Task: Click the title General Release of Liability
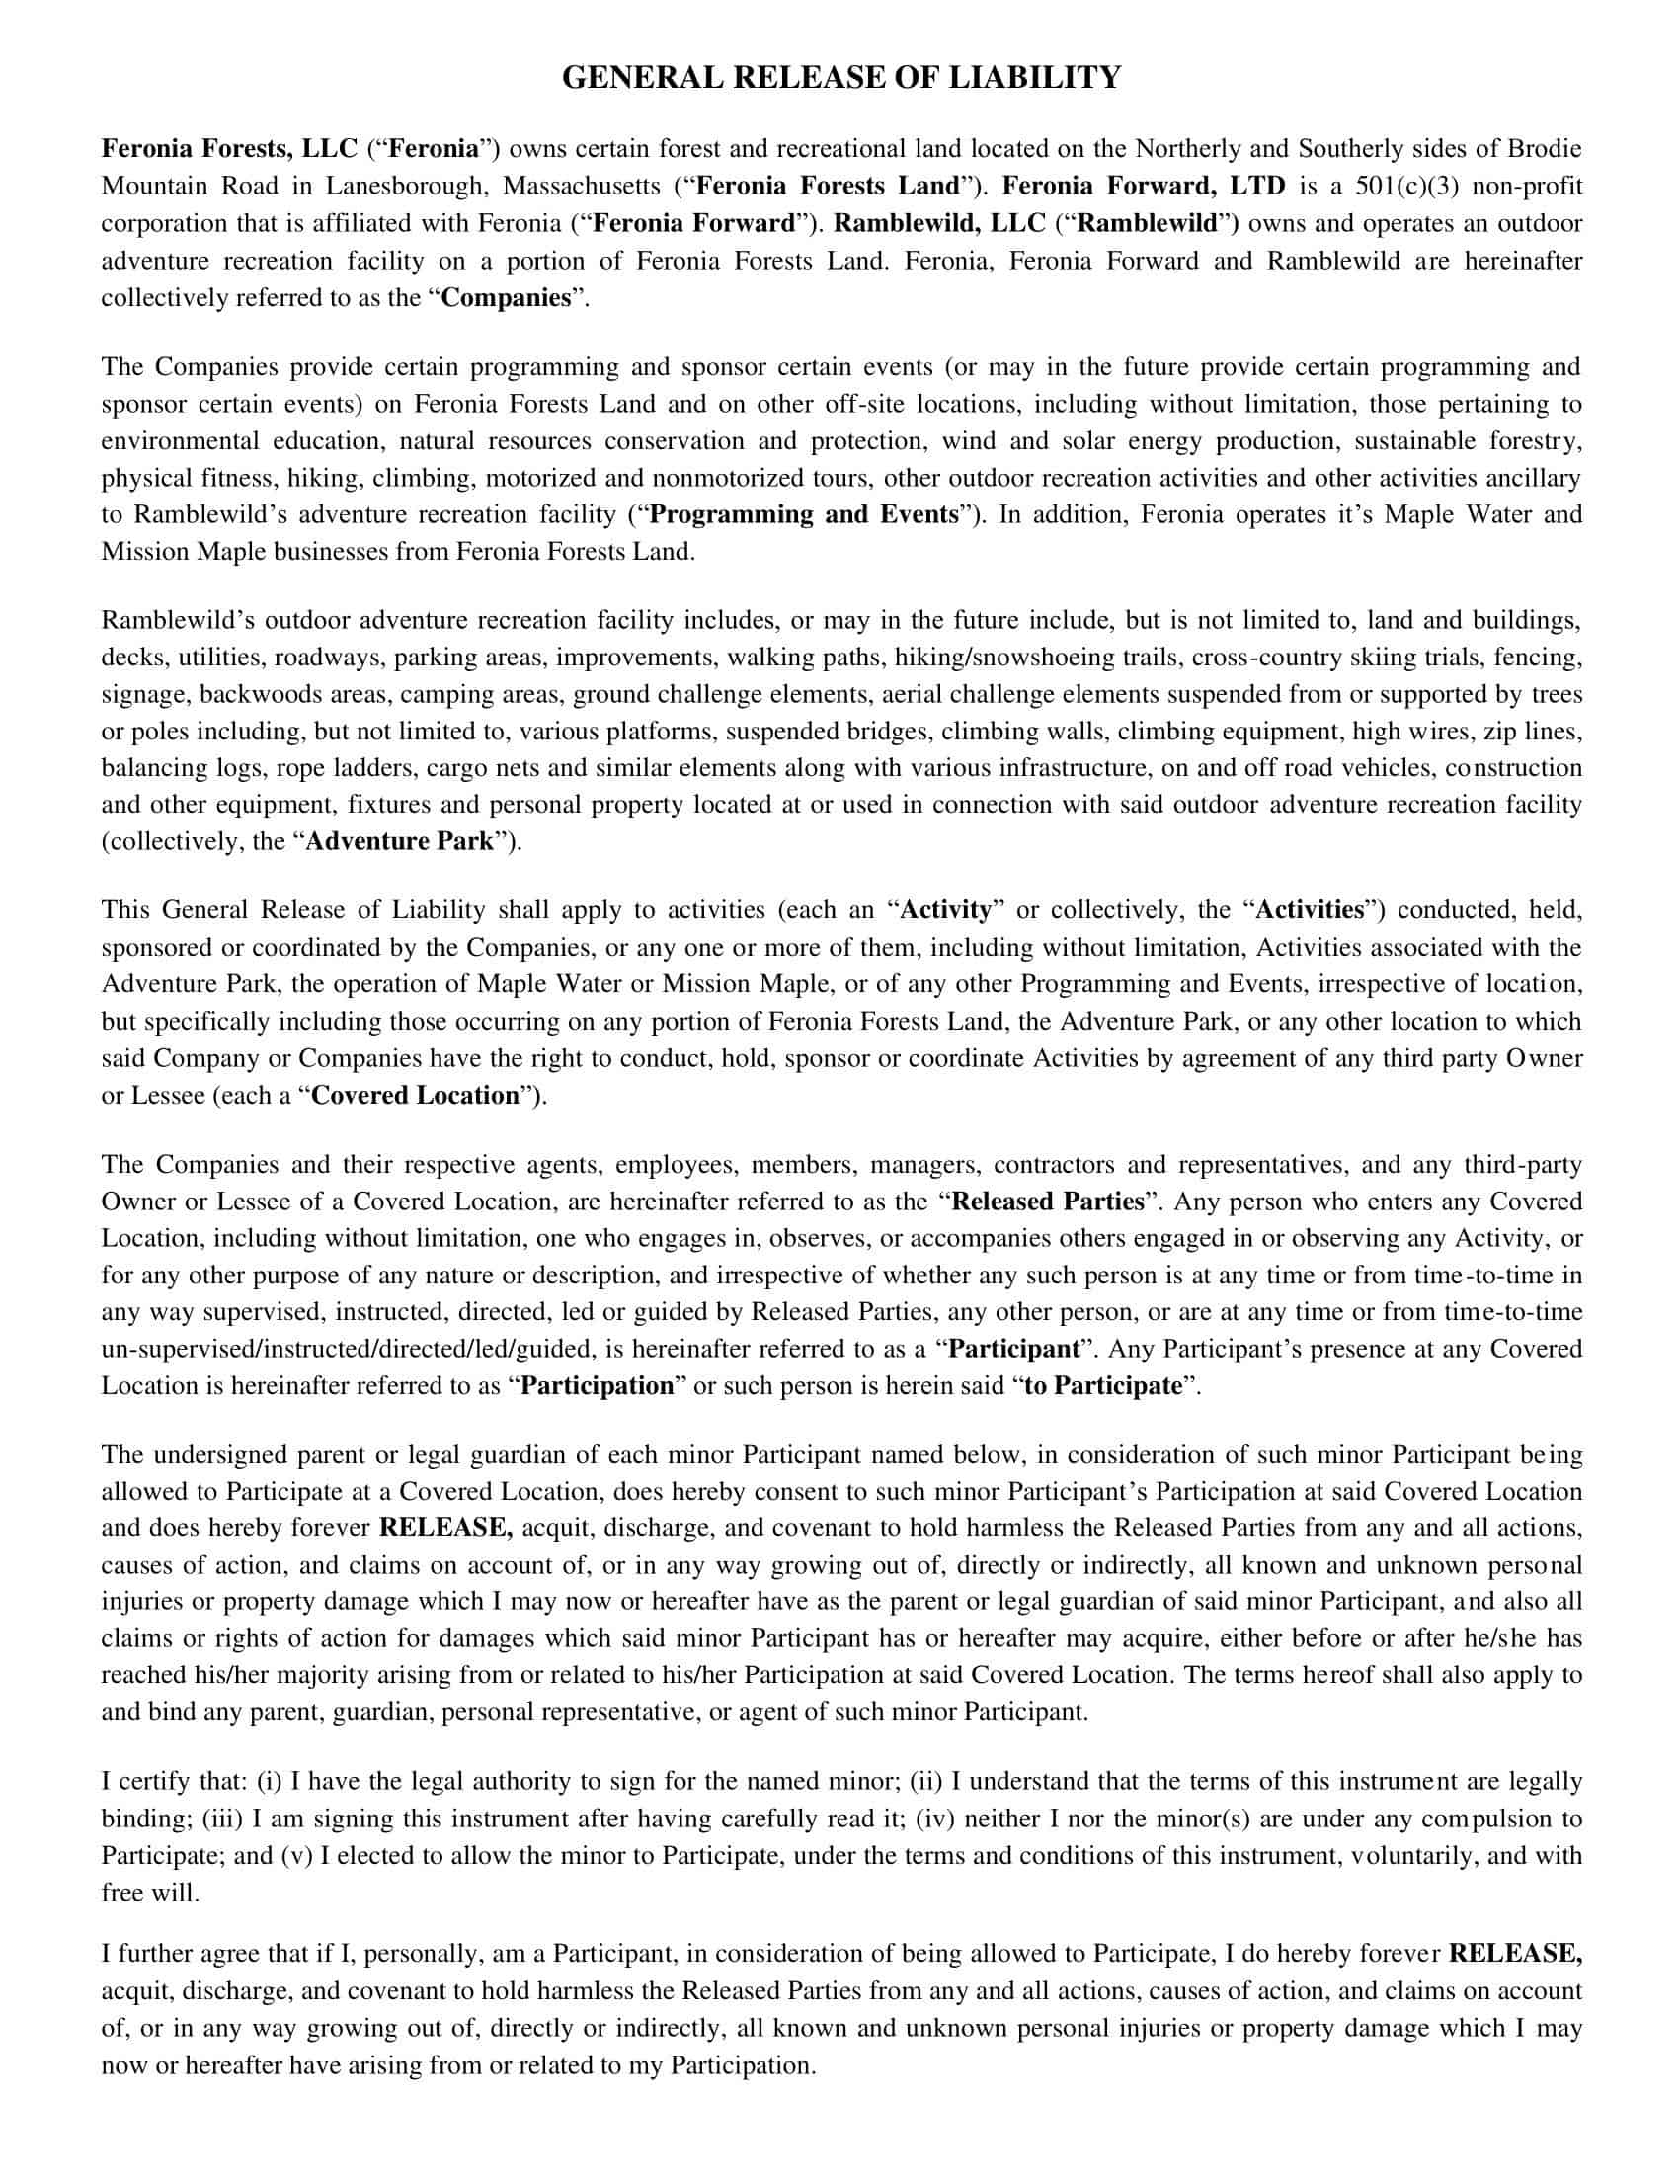(840, 78)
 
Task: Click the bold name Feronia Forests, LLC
(229, 149)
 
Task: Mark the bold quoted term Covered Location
(416, 1096)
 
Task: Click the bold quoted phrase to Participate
(1102, 1385)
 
